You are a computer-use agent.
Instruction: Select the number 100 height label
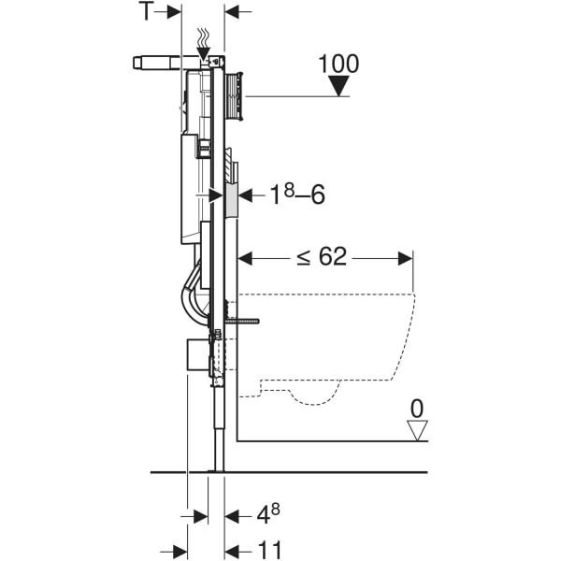click(338, 64)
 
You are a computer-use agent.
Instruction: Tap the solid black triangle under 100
click(338, 86)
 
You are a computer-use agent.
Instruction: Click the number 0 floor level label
click(417, 409)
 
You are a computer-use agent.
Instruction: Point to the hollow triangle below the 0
click(417, 430)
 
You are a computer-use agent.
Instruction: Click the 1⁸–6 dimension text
click(295, 194)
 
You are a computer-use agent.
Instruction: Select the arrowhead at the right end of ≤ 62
click(406, 257)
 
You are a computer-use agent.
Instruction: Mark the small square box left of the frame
click(197, 356)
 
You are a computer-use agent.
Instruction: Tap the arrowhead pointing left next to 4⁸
click(232, 515)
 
